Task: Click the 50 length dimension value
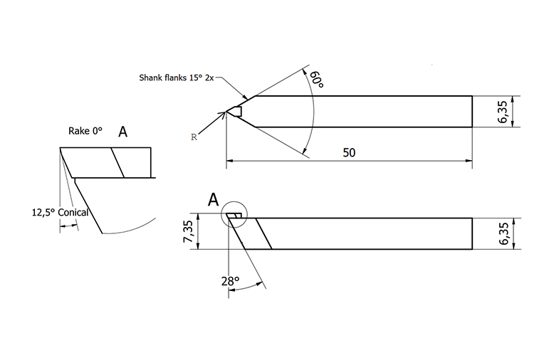349,153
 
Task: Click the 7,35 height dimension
188,233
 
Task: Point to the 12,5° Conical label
59,212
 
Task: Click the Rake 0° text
85,131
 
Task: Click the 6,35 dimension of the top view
503,112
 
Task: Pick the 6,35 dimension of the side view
503,233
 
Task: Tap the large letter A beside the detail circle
212,201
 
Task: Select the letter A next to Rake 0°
122,131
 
